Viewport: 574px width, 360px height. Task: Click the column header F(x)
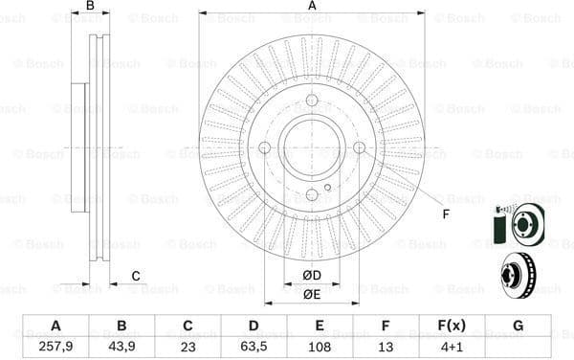pos(451,326)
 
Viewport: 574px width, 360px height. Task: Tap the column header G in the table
pos(518,326)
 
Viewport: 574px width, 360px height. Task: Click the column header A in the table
pos(55,326)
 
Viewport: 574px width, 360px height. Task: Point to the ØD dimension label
pos(311,277)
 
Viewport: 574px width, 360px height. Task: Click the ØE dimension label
pos(311,294)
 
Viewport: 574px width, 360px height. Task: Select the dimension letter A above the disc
pos(312,7)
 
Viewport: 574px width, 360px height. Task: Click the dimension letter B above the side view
pos(91,7)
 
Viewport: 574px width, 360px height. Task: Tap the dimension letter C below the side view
pos(136,277)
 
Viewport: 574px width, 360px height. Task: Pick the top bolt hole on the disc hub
pos(312,101)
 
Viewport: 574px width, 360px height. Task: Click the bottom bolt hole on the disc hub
pos(312,194)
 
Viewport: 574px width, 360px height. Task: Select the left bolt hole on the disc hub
pos(265,147)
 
